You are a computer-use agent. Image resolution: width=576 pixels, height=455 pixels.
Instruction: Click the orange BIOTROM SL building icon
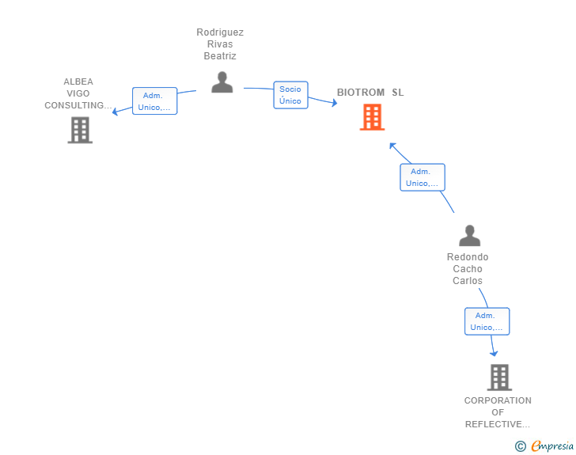click(x=372, y=117)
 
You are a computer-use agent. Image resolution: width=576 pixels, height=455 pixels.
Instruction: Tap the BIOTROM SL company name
click(x=370, y=93)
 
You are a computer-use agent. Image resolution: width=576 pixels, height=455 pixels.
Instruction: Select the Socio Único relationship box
click(x=290, y=95)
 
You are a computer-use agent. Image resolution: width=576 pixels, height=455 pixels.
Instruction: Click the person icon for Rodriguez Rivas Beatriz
click(x=222, y=82)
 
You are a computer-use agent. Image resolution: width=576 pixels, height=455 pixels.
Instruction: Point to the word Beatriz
click(x=220, y=56)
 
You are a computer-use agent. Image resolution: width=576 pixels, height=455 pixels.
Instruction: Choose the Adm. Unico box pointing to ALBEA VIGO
click(x=154, y=101)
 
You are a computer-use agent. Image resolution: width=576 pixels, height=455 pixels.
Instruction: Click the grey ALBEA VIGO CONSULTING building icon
click(x=80, y=130)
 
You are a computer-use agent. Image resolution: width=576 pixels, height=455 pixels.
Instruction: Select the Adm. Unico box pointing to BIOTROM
click(x=423, y=177)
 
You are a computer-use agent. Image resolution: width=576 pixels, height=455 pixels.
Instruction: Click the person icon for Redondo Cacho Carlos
click(x=470, y=236)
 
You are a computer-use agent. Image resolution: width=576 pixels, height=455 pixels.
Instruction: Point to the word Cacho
click(x=468, y=269)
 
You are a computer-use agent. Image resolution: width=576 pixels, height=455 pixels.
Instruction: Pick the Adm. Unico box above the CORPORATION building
click(x=487, y=321)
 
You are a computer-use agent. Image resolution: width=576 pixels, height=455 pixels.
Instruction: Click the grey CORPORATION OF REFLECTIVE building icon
click(x=499, y=377)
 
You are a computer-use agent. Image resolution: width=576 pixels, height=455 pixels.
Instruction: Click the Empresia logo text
click(x=552, y=446)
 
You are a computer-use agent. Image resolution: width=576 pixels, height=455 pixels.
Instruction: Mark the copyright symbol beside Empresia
click(x=521, y=446)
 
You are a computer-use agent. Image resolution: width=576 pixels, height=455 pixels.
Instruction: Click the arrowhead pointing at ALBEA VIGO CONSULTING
click(x=115, y=111)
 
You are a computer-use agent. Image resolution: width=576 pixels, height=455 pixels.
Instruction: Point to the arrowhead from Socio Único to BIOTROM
click(x=334, y=103)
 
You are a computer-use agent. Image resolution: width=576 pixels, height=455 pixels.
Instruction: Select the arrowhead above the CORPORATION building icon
click(x=494, y=354)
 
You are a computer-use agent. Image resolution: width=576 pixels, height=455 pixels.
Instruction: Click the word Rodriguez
click(x=220, y=32)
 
